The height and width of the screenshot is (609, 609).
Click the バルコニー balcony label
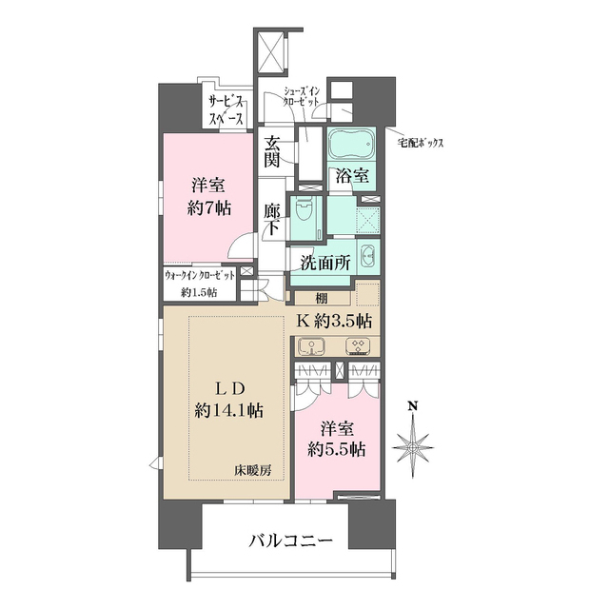pos(291,541)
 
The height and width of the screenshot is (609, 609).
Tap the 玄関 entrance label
pos(272,152)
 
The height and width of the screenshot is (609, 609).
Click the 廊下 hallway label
pos(272,219)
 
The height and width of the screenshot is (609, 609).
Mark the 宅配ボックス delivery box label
pos(421,143)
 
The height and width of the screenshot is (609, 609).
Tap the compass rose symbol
pos(414,447)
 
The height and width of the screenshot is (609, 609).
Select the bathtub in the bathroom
pos(351,147)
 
